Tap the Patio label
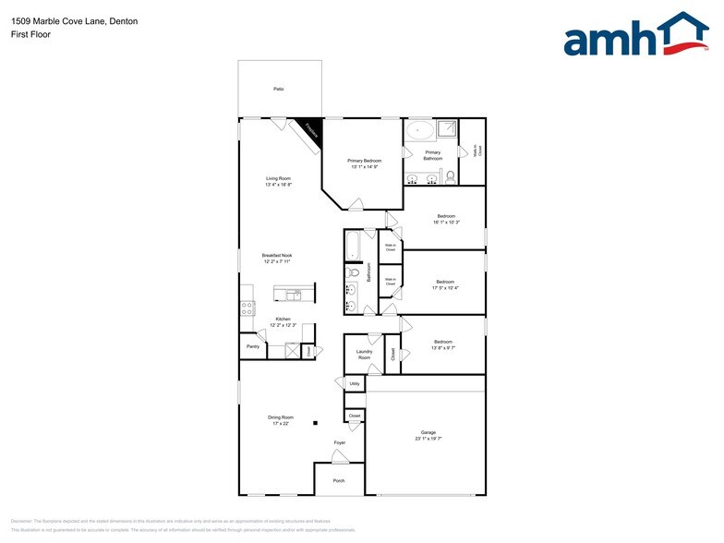tap(278, 89)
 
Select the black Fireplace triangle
tap(312, 129)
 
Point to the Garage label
tap(428, 432)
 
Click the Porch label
tap(339, 481)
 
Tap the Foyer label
tap(340, 443)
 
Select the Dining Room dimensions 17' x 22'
tap(281, 424)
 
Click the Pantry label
tap(253, 347)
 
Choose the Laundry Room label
tap(364, 354)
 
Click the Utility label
tap(355, 383)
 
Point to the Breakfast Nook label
tap(277, 255)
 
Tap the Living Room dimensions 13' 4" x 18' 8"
tap(278, 185)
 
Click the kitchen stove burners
tap(247, 308)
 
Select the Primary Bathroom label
tap(432, 155)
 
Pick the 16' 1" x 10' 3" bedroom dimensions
tap(446, 223)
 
